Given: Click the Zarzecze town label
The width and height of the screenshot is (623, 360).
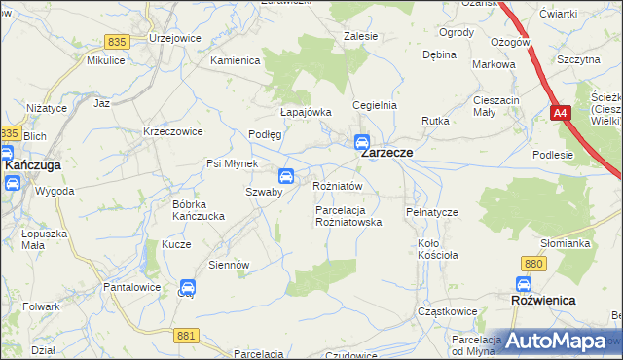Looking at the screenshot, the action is click(x=387, y=153).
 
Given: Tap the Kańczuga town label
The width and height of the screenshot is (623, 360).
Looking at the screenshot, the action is click(x=33, y=165).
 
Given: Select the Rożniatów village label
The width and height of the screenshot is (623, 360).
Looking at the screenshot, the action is click(x=338, y=185).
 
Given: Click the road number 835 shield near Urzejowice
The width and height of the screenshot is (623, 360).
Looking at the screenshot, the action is click(x=118, y=42).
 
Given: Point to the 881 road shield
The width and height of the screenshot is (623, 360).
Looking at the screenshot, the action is click(x=188, y=335).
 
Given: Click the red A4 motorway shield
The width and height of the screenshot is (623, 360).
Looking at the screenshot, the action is click(x=561, y=114).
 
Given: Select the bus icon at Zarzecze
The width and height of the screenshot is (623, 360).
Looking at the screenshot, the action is click(x=362, y=141).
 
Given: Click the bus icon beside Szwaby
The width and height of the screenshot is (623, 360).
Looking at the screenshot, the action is click(x=286, y=176).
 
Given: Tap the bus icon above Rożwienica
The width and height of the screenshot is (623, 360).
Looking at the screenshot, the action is click(x=525, y=285).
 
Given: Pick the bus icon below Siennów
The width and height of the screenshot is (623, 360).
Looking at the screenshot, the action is click(x=188, y=287).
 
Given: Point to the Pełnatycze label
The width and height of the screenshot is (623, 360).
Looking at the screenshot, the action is click(x=430, y=211).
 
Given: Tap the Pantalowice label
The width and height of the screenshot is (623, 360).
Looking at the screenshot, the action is click(x=131, y=289).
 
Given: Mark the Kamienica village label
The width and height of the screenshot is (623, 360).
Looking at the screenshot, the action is click(x=236, y=60).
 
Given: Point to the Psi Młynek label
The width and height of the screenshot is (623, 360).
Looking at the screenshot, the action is click(x=231, y=163).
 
